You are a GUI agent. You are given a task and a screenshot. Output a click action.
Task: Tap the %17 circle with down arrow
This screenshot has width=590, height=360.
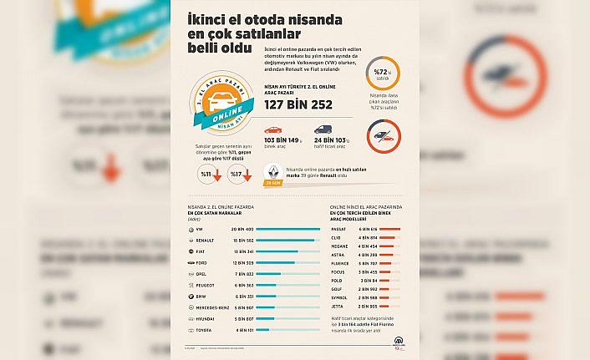[240, 174]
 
